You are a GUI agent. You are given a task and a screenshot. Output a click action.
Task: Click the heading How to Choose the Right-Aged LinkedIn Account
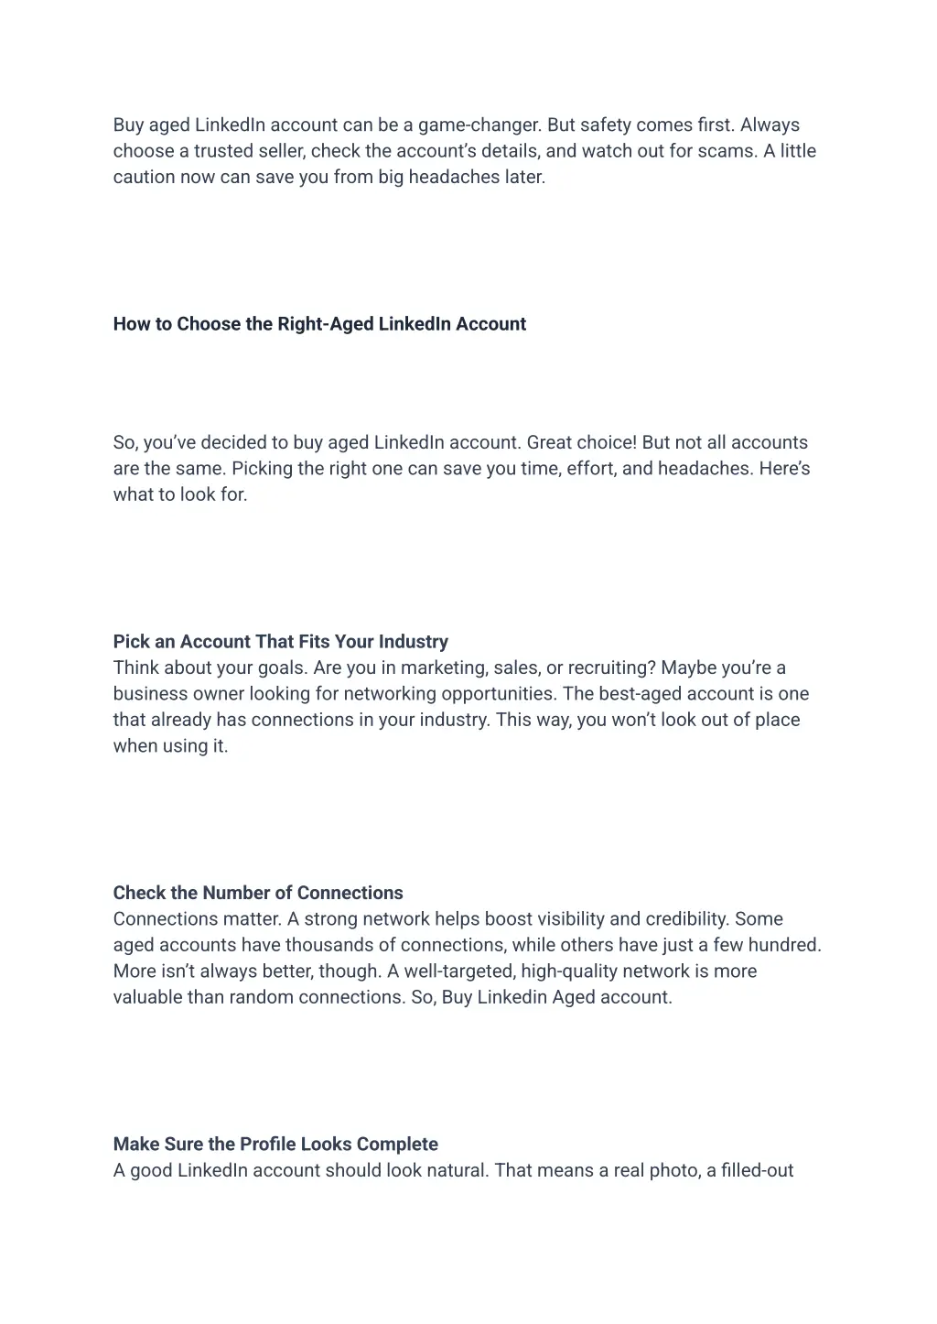coord(319,324)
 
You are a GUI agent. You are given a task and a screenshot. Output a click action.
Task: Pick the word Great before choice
coord(551,443)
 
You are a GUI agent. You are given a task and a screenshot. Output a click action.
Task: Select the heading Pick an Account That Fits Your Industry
coord(280,642)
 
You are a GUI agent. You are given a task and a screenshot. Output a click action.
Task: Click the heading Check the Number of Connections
coord(258,893)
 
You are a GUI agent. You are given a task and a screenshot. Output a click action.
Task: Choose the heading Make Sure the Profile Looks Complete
coord(275,1145)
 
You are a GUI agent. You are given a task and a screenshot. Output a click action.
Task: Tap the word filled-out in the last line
coord(757,1170)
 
